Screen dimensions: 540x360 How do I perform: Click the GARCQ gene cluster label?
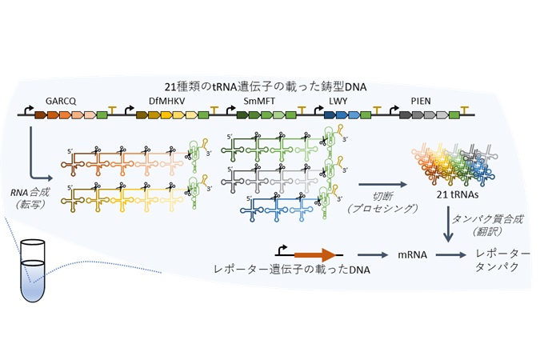(x=61, y=101)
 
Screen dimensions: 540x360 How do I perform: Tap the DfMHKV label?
(x=166, y=101)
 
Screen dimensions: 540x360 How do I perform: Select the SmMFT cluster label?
(x=259, y=101)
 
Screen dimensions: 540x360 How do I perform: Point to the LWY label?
(x=338, y=101)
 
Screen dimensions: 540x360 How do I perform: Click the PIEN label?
(x=421, y=101)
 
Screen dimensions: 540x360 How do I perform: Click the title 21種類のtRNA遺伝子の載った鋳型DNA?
(x=265, y=86)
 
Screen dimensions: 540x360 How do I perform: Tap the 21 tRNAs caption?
(x=458, y=194)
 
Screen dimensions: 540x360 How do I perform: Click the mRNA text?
(x=412, y=255)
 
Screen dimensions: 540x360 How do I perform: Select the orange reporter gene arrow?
(x=315, y=255)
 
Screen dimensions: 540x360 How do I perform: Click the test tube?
(x=33, y=271)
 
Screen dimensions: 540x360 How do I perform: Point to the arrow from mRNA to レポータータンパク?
(x=451, y=255)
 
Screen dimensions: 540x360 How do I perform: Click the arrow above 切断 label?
(x=382, y=185)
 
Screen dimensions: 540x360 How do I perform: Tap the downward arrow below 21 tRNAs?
(x=448, y=224)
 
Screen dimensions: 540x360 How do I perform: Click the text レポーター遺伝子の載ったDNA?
(x=292, y=269)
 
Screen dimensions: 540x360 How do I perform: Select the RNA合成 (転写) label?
(x=30, y=198)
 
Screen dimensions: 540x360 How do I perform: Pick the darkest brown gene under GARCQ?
(x=40, y=115)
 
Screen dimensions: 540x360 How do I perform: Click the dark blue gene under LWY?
(x=330, y=115)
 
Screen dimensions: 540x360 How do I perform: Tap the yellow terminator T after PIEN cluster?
(x=465, y=110)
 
